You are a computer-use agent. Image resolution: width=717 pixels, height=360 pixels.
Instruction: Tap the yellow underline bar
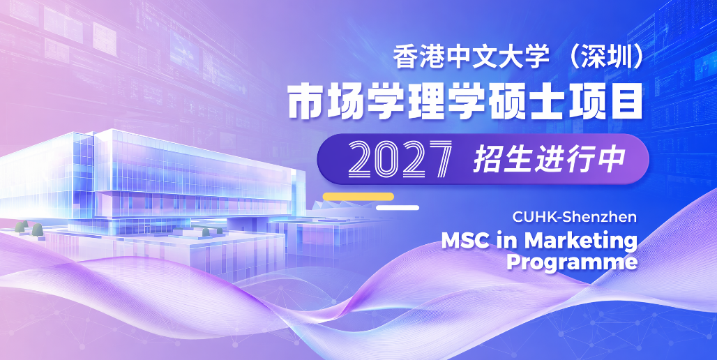[358, 197]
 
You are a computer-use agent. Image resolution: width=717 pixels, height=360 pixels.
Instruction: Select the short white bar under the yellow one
[398, 208]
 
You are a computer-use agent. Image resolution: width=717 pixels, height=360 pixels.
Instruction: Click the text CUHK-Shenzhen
[574, 217]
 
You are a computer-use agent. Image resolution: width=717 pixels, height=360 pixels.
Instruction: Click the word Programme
[572, 262]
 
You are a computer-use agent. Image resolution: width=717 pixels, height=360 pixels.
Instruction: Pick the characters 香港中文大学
[471, 58]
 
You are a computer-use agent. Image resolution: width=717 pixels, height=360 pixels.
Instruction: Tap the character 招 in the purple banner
[487, 160]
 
